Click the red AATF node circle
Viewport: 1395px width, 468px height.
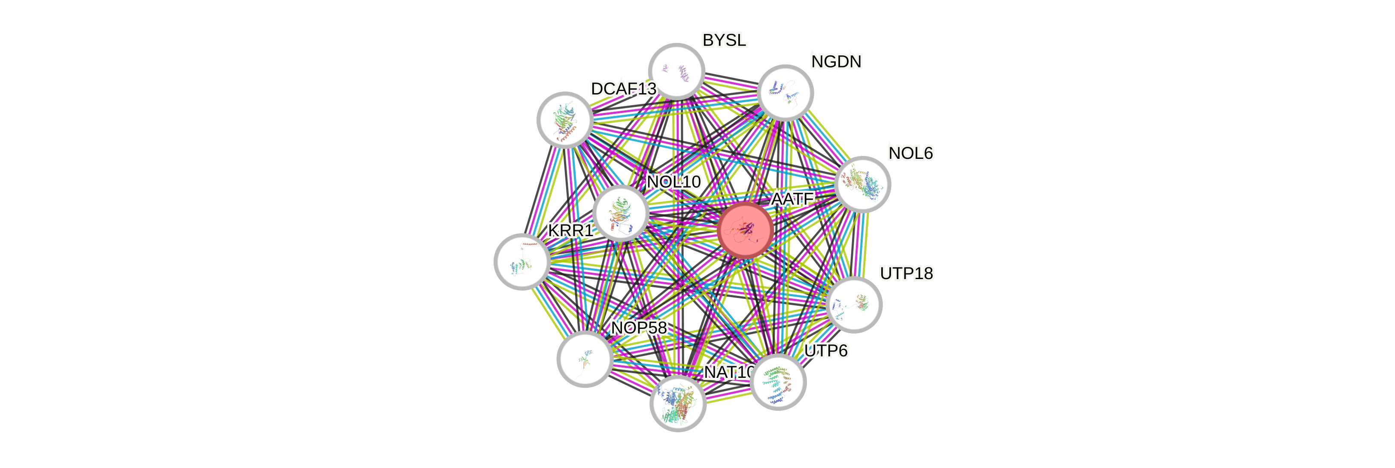pos(745,230)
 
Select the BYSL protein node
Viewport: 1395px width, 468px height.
pos(676,72)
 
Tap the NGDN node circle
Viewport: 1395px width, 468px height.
pos(785,93)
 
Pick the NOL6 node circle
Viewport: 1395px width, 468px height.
pos(863,184)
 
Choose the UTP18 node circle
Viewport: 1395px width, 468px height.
pos(855,304)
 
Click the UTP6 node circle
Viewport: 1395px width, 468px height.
pos(779,381)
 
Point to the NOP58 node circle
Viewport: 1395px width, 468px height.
pos(585,359)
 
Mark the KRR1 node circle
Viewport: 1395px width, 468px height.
pos(522,261)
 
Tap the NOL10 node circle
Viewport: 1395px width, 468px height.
pos(621,213)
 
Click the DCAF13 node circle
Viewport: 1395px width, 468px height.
pos(565,120)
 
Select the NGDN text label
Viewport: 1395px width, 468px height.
pos(836,62)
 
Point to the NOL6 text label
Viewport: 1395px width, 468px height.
pos(911,153)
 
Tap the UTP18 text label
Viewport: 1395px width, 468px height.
pos(907,274)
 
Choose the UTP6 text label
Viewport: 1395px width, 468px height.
pos(826,351)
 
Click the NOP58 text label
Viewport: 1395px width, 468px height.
pos(639,328)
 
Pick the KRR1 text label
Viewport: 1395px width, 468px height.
pos(571,231)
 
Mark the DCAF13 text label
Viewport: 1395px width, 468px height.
pos(623,89)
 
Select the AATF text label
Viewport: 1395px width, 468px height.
pos(792,199)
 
